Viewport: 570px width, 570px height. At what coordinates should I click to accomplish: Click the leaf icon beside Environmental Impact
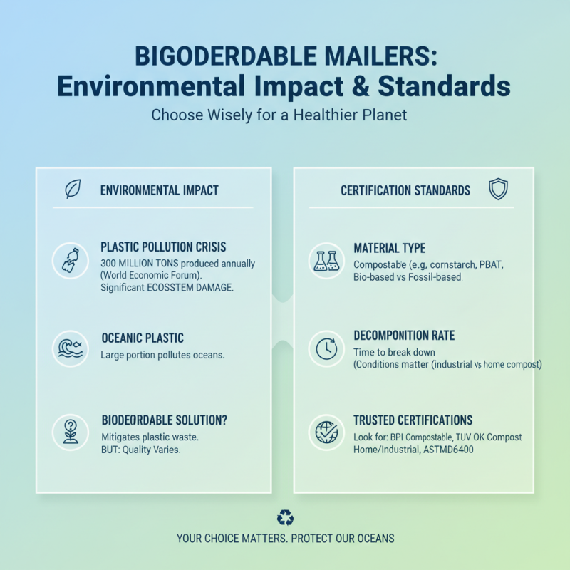click(73, 190)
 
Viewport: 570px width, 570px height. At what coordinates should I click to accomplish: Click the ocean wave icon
click(70, 348)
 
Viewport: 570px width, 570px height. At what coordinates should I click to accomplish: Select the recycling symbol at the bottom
click(285, 518)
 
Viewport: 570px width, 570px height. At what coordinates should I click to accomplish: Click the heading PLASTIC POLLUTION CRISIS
click(163, 247)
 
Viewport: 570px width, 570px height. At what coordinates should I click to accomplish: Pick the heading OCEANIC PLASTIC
click(142, 338)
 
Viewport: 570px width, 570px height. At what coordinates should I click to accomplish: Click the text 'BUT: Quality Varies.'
click(140, 450)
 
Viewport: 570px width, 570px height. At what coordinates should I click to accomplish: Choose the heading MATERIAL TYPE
click(389, 248)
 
